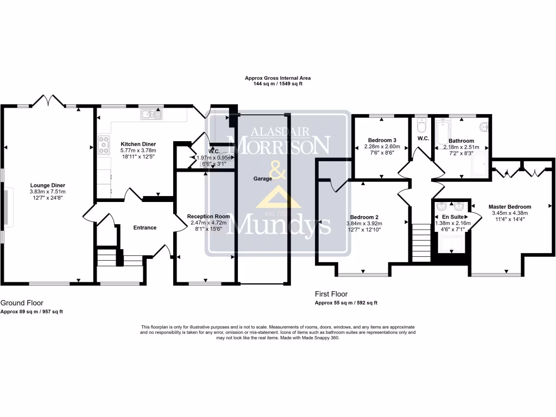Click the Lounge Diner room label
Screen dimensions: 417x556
47,185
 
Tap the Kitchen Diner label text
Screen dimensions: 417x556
138,144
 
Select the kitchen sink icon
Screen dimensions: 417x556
150,114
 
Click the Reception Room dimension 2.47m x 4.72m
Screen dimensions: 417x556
208,223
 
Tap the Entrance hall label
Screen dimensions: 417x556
144,228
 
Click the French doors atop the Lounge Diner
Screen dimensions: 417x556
52,101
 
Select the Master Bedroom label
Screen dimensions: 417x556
509,206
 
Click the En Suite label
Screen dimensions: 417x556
452,217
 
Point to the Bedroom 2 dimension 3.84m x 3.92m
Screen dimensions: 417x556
364,223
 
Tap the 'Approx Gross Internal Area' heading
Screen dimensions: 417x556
277,78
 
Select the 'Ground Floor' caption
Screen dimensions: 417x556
22,303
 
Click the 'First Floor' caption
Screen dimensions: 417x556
332,294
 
